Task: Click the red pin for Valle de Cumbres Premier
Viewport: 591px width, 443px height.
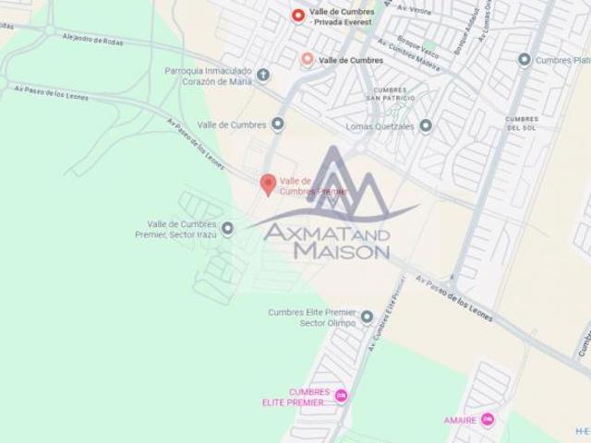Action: pos(268,184)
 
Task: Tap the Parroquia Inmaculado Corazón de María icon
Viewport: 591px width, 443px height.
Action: pos(263,75)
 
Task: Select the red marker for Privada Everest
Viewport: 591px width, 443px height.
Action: pos(297,15)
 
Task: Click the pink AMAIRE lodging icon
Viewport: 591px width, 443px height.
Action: pos(488,421)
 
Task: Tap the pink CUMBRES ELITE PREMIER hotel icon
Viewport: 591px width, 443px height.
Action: pos(340,397)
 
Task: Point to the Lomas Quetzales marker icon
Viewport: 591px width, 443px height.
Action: pos(425,126)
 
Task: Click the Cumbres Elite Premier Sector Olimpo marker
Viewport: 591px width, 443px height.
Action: pos(367,317)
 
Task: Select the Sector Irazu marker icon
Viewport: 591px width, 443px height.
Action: pos(228,228)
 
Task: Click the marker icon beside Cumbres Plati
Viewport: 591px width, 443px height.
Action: pos(525,60)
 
